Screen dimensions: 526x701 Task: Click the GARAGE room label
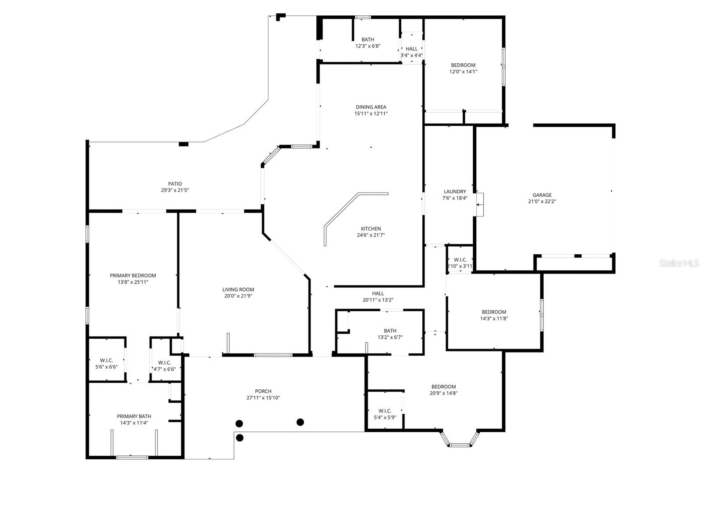[542, 195]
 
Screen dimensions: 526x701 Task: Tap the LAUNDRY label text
[455, 192]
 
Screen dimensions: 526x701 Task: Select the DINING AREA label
[371, 107]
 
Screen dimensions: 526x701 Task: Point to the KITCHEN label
[371, 229]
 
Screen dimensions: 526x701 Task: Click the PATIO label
[175, 184]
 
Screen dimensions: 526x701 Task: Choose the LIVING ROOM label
[238, 290]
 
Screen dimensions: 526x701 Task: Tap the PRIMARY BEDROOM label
[133, 276]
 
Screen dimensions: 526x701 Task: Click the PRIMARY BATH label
[134, 416]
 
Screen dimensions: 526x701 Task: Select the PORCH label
[263, 391]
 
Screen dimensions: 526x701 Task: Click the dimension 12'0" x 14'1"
[463, 71]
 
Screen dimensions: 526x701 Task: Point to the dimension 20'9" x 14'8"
[443, 393]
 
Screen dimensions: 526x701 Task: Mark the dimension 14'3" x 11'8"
[494, 319]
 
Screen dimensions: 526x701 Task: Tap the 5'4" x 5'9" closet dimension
[385, 417]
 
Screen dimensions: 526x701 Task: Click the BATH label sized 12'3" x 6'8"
[368, 40]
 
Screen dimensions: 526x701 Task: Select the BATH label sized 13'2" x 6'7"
[390, 331]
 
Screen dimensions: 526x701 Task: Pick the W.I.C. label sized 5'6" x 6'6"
[106, 361]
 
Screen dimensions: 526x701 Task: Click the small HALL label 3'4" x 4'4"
[412, 49]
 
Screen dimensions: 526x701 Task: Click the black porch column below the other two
[239, 437]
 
